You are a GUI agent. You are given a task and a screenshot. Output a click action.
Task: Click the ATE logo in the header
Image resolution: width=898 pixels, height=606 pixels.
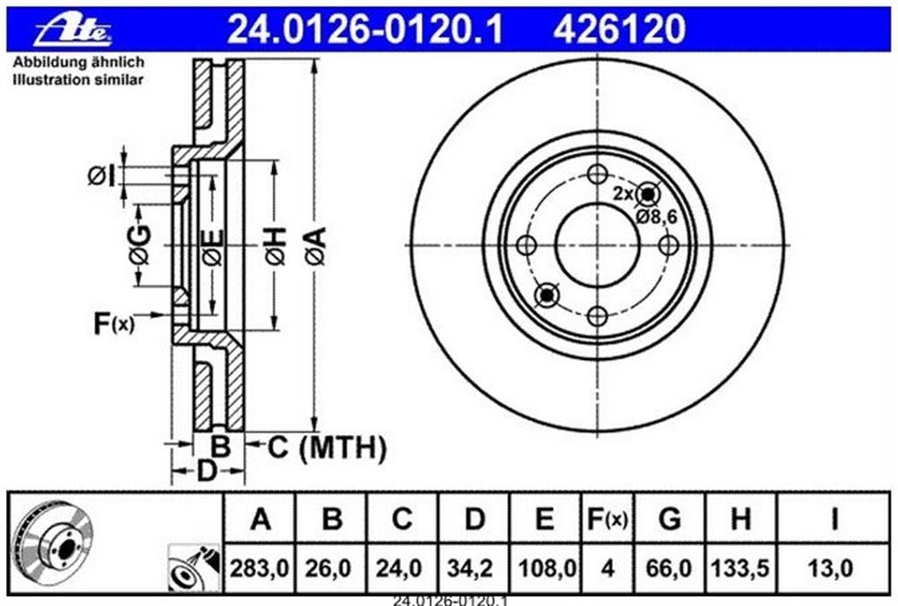(x=73, y=31)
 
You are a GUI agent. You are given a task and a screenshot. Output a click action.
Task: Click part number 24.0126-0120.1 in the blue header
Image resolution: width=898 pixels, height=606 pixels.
(x=365, y=30)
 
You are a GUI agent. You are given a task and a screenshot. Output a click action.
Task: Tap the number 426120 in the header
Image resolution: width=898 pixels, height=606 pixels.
(x=619, y=30)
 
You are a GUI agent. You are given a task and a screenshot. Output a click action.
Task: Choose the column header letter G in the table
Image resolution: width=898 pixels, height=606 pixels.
(x=669, y=519)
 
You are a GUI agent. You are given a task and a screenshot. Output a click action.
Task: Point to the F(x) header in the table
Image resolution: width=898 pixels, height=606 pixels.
(x=607, y=519)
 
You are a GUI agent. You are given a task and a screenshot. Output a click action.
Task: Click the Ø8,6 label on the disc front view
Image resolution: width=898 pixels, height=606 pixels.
(x=656, y=216)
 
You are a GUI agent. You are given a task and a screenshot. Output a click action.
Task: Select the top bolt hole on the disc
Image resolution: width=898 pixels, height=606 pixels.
(x=597, y=174)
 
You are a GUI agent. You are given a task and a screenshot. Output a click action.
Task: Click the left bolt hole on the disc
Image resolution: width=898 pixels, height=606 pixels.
(x=525, y=246)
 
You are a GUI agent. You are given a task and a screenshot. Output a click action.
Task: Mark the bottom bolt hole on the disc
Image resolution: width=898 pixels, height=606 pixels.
(x=597, y=316)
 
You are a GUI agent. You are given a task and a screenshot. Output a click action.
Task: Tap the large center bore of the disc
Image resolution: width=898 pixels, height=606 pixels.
(x=597, y=246)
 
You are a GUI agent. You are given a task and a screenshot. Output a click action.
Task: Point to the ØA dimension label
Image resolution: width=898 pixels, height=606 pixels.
(x=314, y=246)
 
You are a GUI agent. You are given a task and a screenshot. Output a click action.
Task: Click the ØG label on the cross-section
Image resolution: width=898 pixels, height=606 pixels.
(x=140, y=245)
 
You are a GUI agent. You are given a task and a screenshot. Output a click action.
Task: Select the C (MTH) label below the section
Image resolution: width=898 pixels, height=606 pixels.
(x=327, y=447)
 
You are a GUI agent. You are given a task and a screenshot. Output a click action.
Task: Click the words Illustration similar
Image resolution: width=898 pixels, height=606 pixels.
(x=78, y=80)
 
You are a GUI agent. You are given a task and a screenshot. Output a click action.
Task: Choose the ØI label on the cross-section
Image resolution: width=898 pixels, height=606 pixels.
(x=101, y=175)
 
